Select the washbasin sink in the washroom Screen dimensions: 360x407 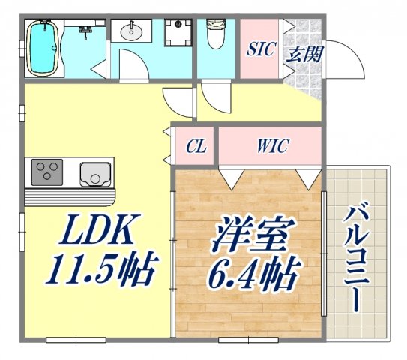[x=135, y=31]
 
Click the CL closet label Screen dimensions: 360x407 [x=196, y=145]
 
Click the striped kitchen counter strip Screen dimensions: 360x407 [x=71, y=196]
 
